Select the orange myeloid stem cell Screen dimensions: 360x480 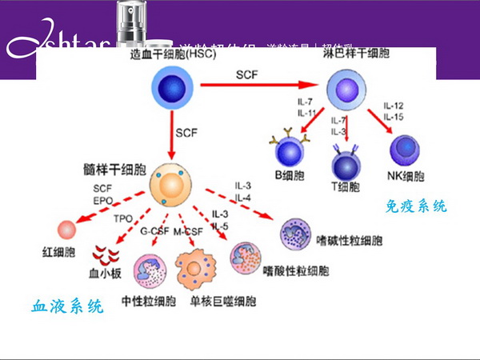tap(170, 185)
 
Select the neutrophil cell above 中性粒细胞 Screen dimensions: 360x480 tap(148, 271)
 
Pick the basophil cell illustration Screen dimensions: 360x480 tap(298, 236)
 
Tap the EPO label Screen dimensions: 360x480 tap(102, 200)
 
